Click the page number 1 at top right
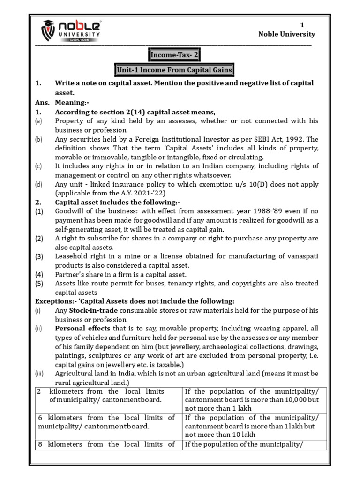click(302, 25)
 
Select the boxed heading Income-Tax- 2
click(174, 55)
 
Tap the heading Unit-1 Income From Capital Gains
click(174, 70)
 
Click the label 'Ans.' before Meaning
click(42, 103)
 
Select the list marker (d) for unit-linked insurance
click(38, 184)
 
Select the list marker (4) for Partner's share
click(39, 274)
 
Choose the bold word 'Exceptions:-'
click(53, 301)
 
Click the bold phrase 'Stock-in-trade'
click(92, 310)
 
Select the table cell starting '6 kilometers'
click(106, 422)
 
